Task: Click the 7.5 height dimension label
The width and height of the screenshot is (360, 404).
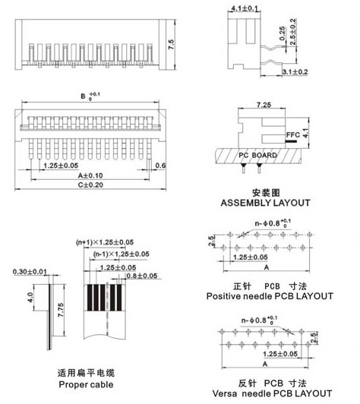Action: point(171,44)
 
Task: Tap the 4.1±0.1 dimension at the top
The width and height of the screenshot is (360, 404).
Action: point(245,8)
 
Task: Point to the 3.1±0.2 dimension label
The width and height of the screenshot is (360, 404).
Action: point(295,71)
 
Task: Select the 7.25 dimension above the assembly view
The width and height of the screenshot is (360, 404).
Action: point(264,105)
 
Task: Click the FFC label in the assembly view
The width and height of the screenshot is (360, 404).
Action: point(293,134)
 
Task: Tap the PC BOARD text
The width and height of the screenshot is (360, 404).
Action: point(257,155)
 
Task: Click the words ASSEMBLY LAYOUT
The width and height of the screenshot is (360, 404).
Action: point(265,203)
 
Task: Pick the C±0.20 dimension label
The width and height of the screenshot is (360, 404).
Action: point(90,185)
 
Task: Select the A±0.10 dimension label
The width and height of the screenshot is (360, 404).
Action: point(90,175)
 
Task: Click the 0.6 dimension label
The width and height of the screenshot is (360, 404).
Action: point(160,166)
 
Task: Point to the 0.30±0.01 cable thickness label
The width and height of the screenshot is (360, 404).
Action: point(30,272)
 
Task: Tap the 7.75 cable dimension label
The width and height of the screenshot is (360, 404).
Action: point(61,310)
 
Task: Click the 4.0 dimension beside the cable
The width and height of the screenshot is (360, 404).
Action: point(30,298)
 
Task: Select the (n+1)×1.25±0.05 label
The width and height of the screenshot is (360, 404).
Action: point(105,242)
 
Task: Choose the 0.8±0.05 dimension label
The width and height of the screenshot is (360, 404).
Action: point(142,276)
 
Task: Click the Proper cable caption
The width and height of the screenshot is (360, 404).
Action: point(86,384)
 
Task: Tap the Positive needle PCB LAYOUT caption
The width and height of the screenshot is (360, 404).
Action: point(270,296)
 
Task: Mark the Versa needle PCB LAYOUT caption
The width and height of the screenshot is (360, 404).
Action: point(272,393)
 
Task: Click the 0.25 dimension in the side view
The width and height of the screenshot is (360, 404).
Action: point(283,33)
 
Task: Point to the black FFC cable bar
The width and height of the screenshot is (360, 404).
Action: point(291,141)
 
